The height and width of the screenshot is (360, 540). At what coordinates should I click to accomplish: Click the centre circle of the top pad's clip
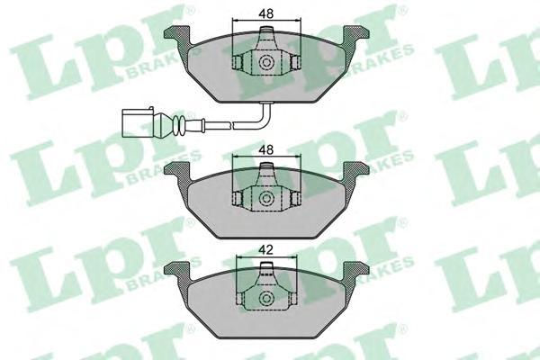coord(266,63)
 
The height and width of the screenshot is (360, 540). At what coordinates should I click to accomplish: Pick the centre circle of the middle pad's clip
coord(266,199)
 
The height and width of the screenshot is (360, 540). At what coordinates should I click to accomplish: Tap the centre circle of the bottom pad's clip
coord(266,299)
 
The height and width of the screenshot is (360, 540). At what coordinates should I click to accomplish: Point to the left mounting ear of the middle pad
coord(177,169)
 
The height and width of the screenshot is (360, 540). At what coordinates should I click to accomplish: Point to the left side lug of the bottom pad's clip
coord(238,299)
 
